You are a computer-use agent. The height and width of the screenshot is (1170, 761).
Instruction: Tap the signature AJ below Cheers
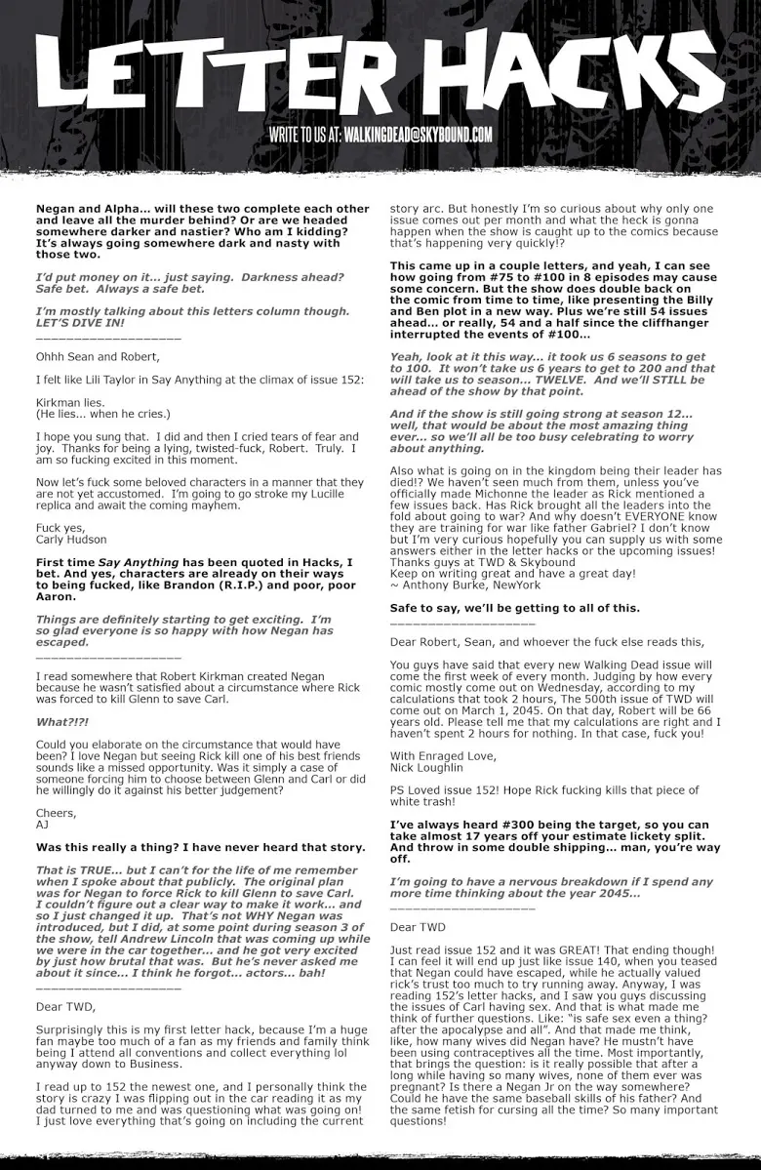(42, 823)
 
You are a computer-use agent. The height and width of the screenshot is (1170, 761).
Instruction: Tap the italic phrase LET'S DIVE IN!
(81, 321)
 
